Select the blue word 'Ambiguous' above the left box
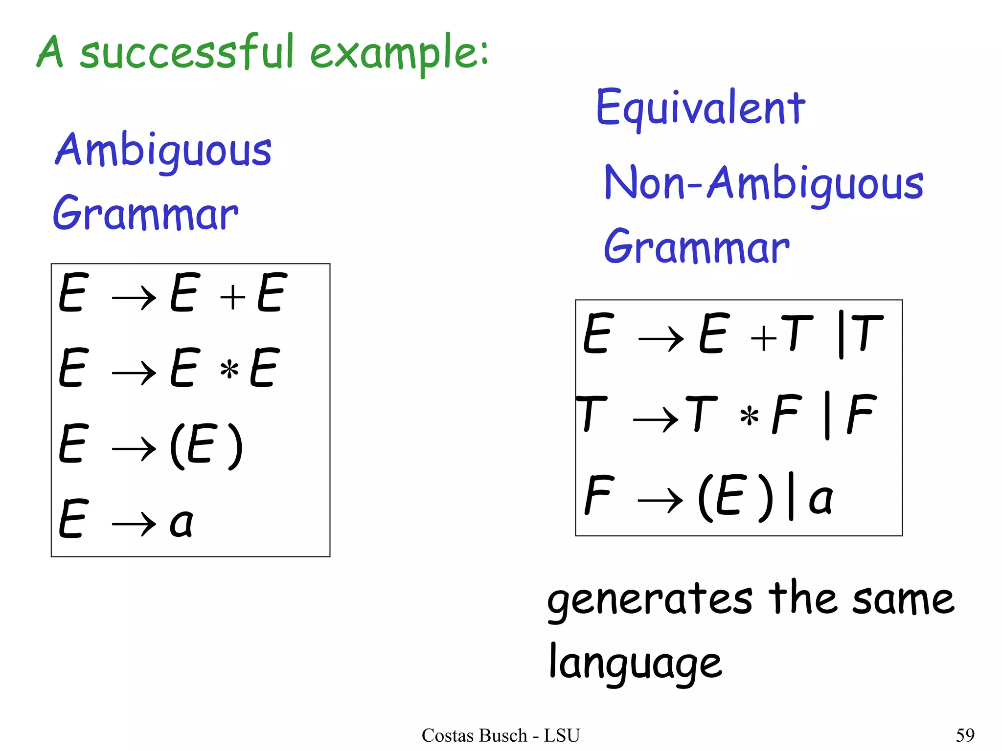tap(163, 151)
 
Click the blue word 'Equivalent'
tap(700, 109)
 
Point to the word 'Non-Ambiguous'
tap(764, 184)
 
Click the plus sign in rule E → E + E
tap(232, 297)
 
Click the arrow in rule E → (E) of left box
tap(134, 448)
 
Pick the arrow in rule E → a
tap(134, 524)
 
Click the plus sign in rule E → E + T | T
tap(764, 338)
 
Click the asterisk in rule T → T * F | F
tap(749, 416)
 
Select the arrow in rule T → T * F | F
tap(656, 419)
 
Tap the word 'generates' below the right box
tap(650, 600)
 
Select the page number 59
tap(965, 735)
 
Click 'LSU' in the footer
tap(562, 735)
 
